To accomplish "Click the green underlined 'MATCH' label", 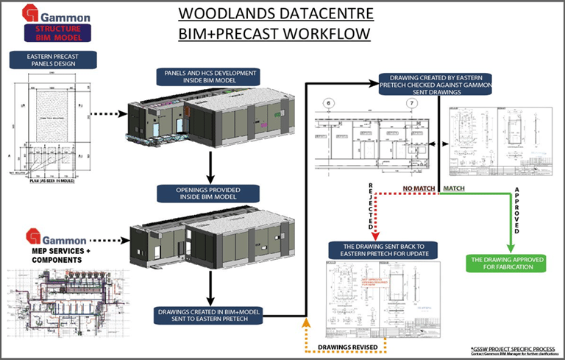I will pyautogui.click(x=452, y=189).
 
